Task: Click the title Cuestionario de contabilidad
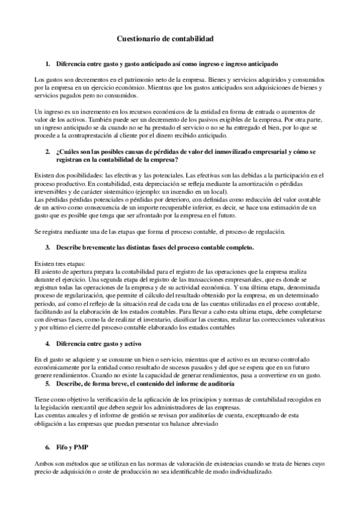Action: tap(164, 38)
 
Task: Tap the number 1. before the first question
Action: tap(47, 63)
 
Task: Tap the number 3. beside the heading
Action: tap(47, 247)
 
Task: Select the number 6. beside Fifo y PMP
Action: tap(47, 449)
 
